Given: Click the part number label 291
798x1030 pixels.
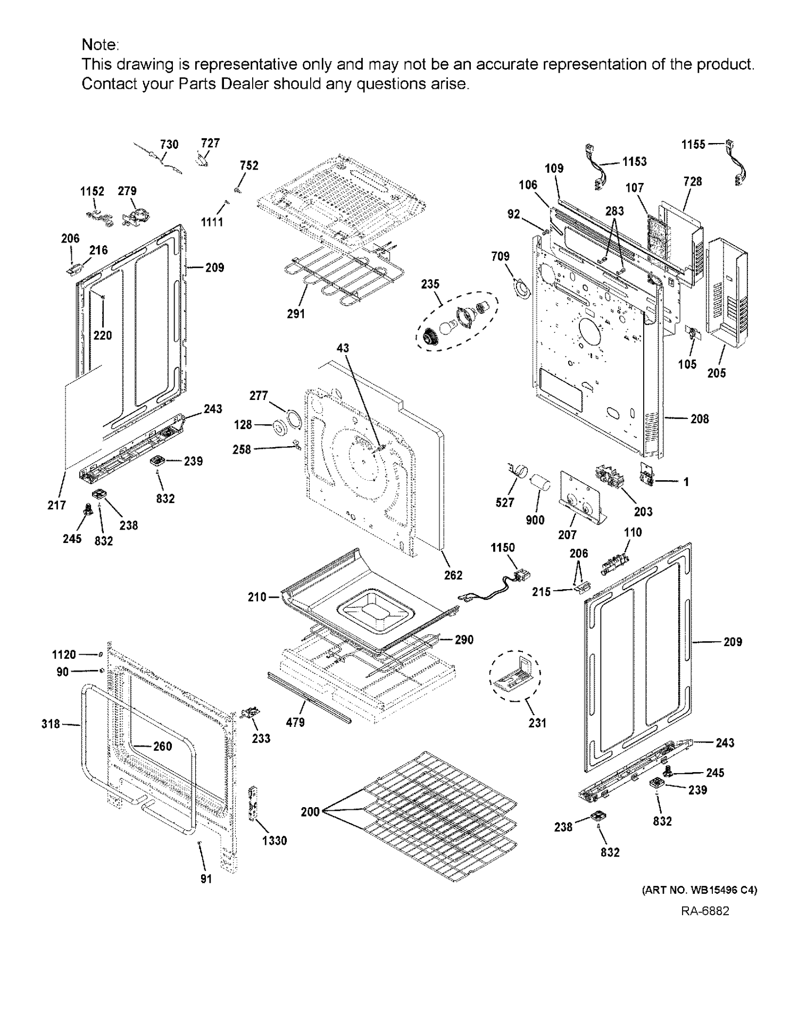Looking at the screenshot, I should [x=296, y=314].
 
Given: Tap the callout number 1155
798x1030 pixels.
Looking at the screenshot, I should [x=693, y=144].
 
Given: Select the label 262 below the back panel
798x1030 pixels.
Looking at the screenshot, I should [x=453, y=575].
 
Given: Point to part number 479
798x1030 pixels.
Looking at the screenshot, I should [x=295, y=722].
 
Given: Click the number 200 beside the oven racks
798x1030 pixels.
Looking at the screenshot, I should [x=310, y=811].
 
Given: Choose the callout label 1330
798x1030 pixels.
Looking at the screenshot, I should [x=275, y=840].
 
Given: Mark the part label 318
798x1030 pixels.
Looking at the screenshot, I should [x=51, y=724].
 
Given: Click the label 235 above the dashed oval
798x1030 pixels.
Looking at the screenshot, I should [x=430, y=284].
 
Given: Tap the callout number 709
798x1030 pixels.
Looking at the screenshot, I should [x=500, y=256].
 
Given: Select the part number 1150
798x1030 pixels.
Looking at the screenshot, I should [x=503, y=548].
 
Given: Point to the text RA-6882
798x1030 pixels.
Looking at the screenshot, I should [x=705, y=911].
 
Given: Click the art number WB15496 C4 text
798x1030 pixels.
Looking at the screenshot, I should [x=700, y=890].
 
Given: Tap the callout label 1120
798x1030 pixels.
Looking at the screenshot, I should [x=64, y=655].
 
